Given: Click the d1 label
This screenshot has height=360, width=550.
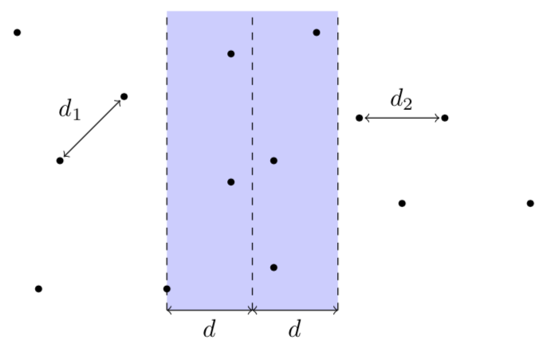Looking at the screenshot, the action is [x=69, y=111].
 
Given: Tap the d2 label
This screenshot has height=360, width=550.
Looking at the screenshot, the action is [x=401, y=100].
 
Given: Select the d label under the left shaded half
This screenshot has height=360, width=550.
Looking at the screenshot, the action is [x=210, y=329].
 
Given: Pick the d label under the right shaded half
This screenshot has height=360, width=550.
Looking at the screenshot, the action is [x=295, y=329].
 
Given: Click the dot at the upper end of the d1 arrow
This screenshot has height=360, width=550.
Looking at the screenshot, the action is [x=124, y=96].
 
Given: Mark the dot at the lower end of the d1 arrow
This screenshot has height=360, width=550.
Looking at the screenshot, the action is [x=60, y=161].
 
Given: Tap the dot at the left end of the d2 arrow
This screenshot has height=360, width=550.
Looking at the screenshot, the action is [x=359, y=118].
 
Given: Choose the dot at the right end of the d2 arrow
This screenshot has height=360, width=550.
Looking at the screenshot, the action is [x=445, y=118].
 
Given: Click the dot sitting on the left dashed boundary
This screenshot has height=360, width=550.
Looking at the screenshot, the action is [x=167, y=288].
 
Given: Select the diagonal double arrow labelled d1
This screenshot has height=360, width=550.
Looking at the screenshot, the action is [x=92, y=128].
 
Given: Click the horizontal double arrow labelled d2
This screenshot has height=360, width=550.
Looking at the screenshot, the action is [x=402, y=118].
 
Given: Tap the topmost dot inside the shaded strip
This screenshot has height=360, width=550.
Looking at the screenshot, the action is [x=316, y=33].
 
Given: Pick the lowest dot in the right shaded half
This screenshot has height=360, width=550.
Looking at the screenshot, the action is [x=273, y=268].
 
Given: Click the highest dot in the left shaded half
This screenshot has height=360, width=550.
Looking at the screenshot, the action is [x=230, y=54].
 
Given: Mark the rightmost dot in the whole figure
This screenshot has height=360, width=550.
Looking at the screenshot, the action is [x=530, y=203].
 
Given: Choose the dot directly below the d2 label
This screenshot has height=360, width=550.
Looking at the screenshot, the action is [x=402, y=203].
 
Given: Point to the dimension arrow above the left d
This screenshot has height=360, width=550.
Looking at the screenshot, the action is [x=210, y=310].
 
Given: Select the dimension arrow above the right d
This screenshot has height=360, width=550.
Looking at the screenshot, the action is [x=295, y=310].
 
